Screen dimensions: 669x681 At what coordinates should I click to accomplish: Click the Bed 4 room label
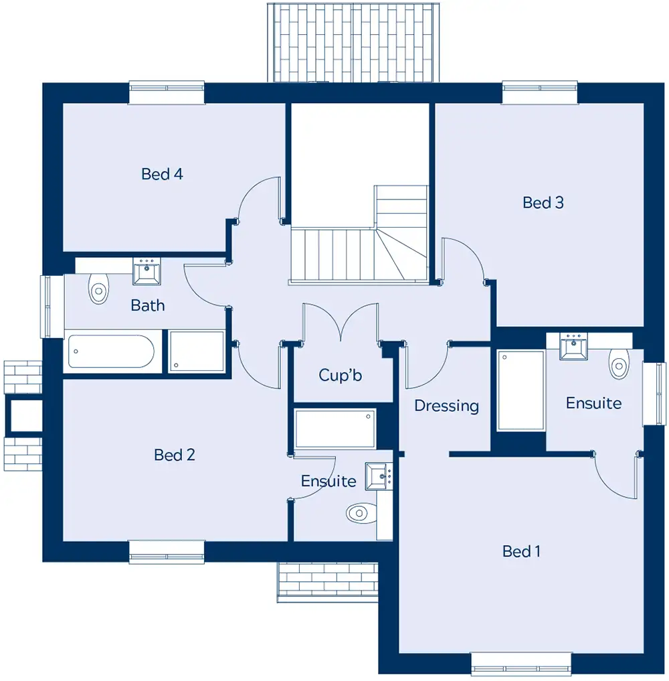[x=163, y=174]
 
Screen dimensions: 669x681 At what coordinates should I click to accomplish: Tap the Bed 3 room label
[x=543, y=203]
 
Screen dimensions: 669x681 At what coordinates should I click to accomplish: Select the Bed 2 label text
[x=175, y=455]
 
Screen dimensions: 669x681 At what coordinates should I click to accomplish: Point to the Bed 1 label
[x=521, y=551]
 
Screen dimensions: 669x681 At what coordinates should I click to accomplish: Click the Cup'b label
[x=340, y=375]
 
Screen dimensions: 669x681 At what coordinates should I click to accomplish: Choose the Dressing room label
[x=446, y=406]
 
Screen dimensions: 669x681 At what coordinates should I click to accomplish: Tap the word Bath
[x=147, y=305]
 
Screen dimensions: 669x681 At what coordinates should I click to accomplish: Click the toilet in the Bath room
[x=98, y=288]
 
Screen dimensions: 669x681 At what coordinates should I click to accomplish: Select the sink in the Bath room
[x=147, y=271]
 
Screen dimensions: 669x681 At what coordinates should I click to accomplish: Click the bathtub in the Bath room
[x=111, y=351]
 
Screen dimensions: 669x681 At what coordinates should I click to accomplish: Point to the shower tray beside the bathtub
[x=197, y=352]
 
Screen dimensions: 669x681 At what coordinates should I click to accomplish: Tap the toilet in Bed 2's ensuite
[x=361, y=513]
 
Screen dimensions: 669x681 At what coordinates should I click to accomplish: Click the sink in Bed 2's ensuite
[x=378, y=477]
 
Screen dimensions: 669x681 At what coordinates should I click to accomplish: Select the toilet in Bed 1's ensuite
[x=619, y=364]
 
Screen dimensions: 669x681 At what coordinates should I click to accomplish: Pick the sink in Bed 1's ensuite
[x=573, y=346]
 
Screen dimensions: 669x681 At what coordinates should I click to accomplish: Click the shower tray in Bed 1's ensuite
[x=521, y=390]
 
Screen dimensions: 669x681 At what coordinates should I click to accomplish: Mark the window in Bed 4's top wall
[x=167, y=92]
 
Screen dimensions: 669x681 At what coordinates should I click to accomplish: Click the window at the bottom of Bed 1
[x=522, y=664]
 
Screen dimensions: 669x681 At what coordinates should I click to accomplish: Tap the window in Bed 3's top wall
[x=540, y=92]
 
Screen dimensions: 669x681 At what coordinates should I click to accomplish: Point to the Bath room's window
[x=52, y=307]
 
